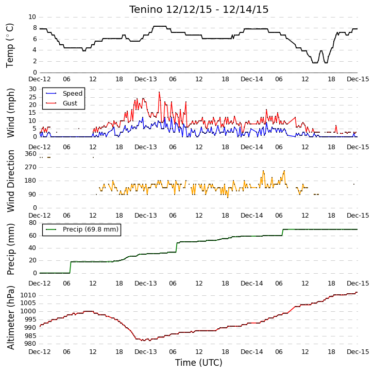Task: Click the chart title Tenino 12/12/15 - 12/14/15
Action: tap(199, 10)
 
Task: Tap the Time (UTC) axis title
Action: tap(198, 363)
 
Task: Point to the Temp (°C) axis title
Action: tap(10, 45)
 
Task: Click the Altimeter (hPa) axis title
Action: tap(10, 318)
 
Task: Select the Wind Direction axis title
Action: tap(10, 181)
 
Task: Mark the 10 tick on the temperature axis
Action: tap(32, 17)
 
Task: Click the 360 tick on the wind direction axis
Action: tap(30, 154)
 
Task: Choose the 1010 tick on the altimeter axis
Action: tap(28, 295)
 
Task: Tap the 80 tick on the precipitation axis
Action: tap(32, 223)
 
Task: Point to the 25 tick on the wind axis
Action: tap(32, 97)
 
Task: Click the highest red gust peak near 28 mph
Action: tap(159, 92)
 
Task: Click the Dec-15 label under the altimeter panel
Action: tap(358, 351)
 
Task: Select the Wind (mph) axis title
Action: tap(10, 113)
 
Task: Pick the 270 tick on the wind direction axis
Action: tap(30, 167)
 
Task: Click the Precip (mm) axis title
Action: tap(10, 249)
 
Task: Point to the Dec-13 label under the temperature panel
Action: tap(146, 79)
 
